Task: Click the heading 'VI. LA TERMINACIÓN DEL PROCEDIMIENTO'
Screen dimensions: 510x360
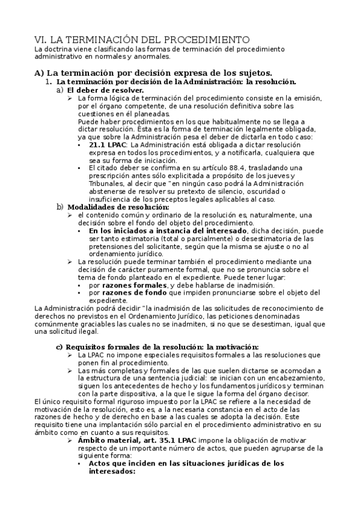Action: [x=141, y=40]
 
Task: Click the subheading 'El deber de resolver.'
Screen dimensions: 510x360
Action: [x=105, y=90]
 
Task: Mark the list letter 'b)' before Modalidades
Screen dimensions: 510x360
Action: [x=59, y=207]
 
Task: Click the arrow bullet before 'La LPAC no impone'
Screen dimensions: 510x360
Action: [x=70, y=355]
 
